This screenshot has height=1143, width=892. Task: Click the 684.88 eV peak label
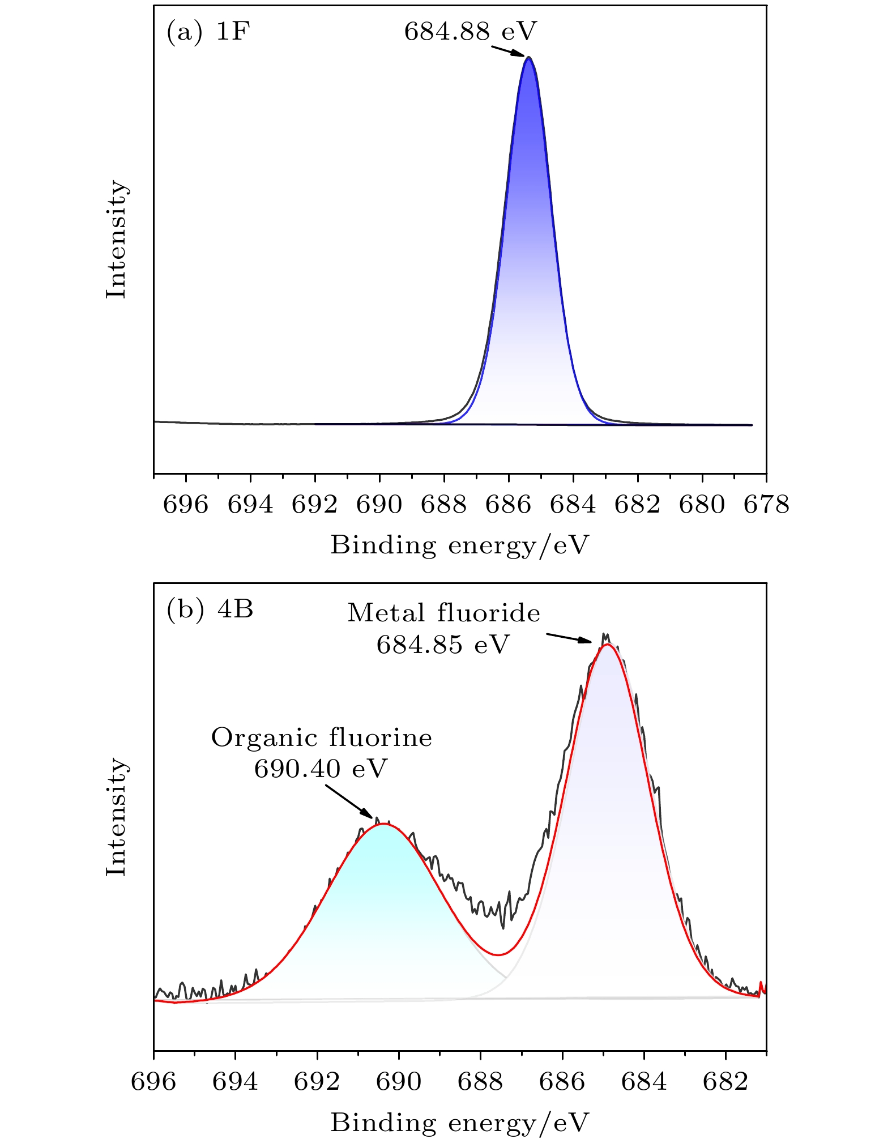click(x=470, y=32)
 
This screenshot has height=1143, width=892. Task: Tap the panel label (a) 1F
click(x=208, y=32)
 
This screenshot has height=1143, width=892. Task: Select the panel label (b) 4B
click(x=210, y=609)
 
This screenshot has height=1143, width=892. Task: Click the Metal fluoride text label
click(x=443, y=613)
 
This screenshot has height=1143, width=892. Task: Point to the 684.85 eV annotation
click(x=443, y=645)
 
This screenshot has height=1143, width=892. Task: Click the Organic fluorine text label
click(x=321, y=737)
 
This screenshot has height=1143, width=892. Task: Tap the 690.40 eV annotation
click(x=321, y=769)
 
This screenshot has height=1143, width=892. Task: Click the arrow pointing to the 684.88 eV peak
click(x=508, y=51)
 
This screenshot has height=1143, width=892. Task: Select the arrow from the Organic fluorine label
click(x=349, y=800)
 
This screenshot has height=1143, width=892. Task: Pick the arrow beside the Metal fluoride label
click(x=569, y=638)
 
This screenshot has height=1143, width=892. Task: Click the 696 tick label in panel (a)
click(x=186, y=505)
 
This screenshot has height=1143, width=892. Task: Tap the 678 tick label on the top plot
click(x=766, y=505)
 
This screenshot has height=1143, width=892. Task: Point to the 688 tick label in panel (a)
click(x=443, y=505)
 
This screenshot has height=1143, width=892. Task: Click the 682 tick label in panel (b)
click(x=725, y=1082)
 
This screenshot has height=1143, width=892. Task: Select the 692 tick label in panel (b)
click(x=317, y=1082)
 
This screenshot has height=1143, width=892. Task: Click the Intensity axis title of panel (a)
click(x=117, y=239)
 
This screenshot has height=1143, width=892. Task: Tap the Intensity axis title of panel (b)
click(x=117, y=817)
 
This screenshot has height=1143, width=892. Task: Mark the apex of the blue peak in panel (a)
click(x=529, y=57)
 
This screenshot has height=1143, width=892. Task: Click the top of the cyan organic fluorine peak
click(x=384, y=824)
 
